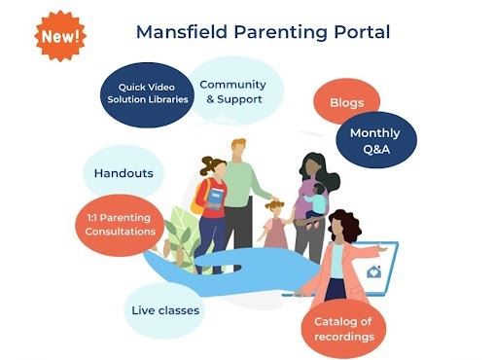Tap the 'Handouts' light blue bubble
123,173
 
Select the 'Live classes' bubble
164,310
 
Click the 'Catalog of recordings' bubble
342,328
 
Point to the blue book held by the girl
217,199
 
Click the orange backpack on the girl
199,196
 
